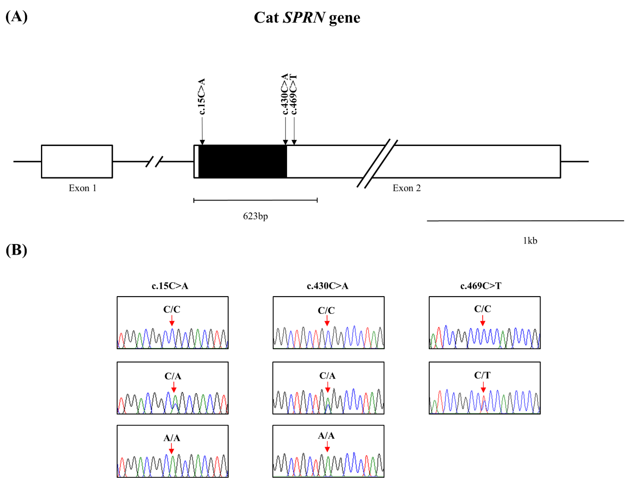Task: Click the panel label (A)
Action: coord(16,17)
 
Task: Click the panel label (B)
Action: coord(16,250)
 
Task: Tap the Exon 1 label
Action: coord(83,188)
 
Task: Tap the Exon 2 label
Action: coord(407,188)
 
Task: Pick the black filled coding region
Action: coord(242,161)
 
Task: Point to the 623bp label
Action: coord(255,216)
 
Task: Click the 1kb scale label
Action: coord(530,241)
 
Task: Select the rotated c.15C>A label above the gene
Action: coord(202,96)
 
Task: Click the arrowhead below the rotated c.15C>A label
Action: coord(202,142)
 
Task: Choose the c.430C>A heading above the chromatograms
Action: coord(327,286)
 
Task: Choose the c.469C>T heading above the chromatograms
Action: coord(481,286)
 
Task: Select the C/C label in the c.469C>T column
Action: coord(482,309)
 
